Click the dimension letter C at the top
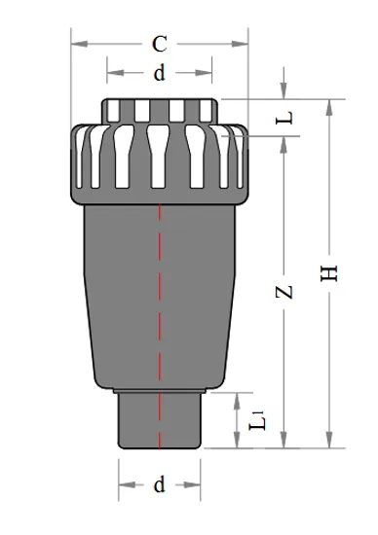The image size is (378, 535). point(160,44)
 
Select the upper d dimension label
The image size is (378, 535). point(160,73)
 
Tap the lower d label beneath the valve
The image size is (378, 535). point(160,485)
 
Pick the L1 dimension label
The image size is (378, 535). point(257,420)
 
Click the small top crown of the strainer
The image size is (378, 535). point(160,109)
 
